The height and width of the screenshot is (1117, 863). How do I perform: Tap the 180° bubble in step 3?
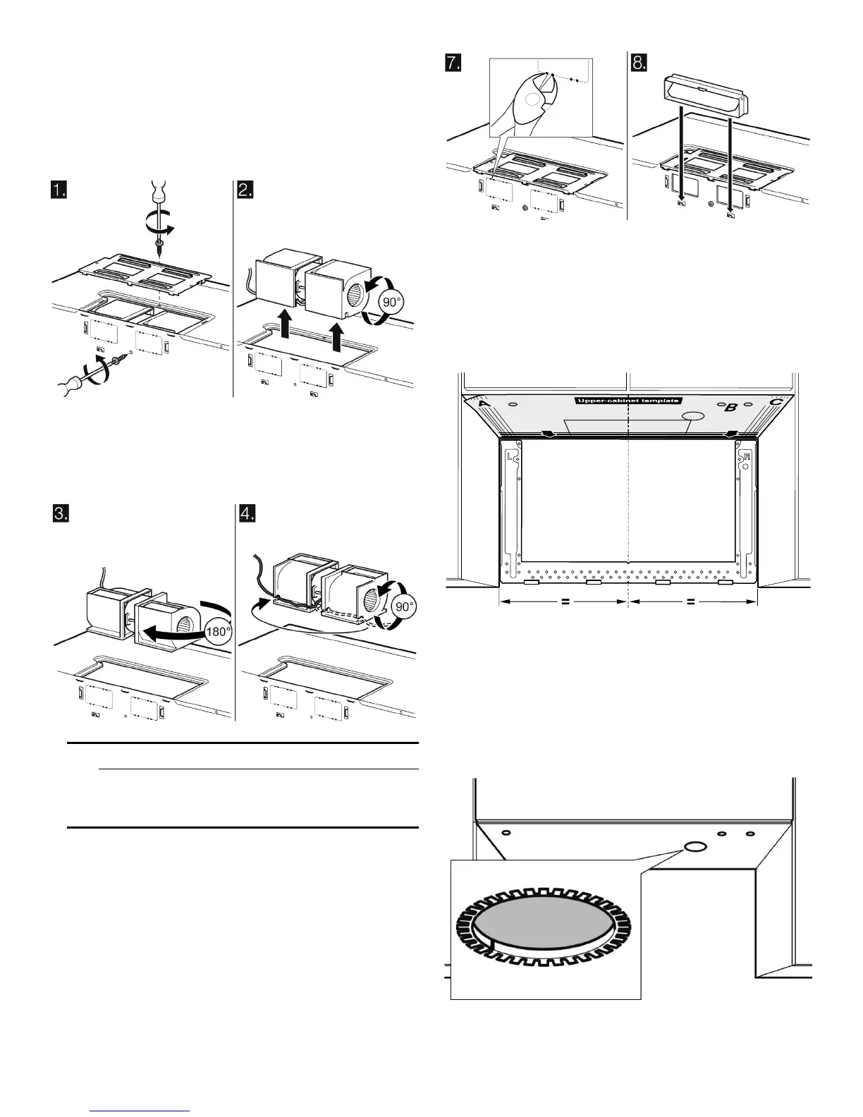pos(218,631)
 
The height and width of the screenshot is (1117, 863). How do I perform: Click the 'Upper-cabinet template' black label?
pos(628,401)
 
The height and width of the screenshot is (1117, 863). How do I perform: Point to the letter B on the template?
pos(731,407)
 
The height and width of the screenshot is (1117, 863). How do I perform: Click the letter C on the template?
pos(775,403)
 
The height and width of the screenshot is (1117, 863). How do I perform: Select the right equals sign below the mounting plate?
pos(691,602)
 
